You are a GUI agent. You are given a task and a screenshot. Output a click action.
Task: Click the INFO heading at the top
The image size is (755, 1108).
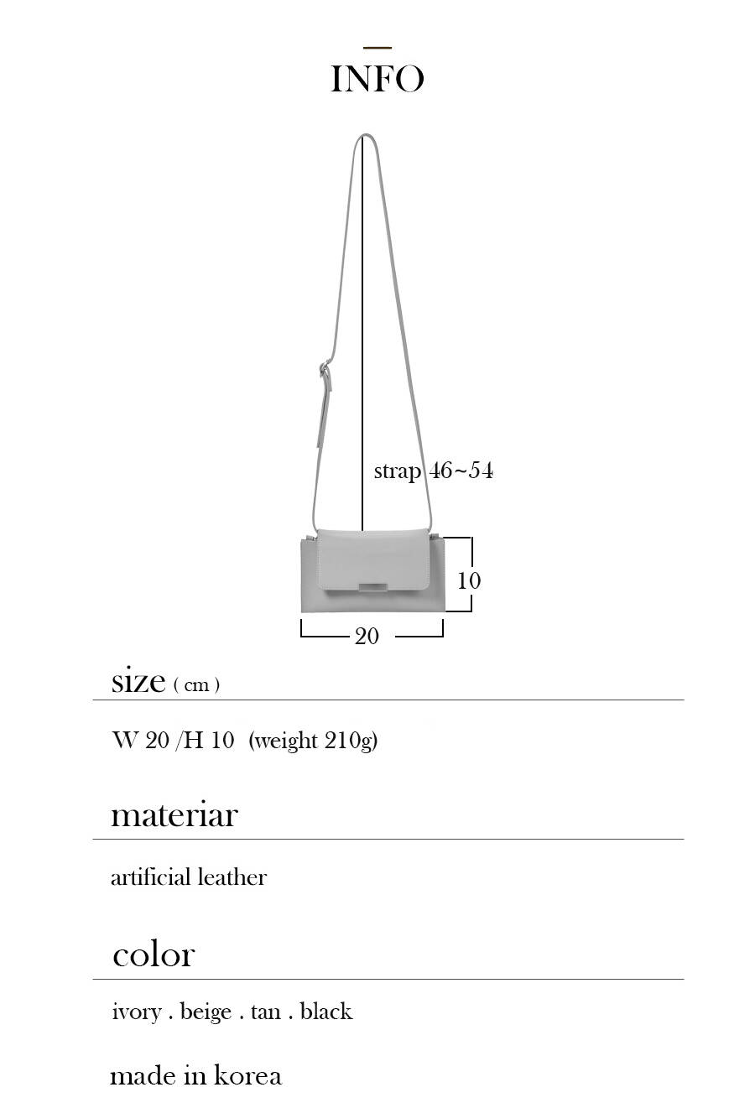[377, 79]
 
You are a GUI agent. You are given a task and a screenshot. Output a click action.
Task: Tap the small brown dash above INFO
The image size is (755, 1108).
[377, 48]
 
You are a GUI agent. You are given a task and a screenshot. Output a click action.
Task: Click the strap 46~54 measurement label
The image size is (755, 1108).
[434, 471]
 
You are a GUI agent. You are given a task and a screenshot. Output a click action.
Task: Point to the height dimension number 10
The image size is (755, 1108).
[469, 580]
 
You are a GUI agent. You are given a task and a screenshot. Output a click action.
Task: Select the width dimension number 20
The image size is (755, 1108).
[367, 636]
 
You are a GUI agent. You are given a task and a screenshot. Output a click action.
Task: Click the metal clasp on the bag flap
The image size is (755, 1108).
[373, 588]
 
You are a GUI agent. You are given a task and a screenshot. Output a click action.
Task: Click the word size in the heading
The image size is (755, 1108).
[138, 682]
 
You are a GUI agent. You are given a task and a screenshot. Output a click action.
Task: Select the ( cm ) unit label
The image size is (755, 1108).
[196, 685]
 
